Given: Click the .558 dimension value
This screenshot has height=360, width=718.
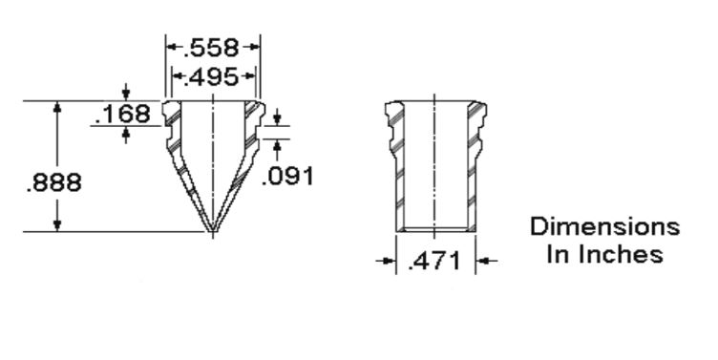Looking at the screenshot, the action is [211, 48].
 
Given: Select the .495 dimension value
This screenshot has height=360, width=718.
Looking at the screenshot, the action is [211, 76].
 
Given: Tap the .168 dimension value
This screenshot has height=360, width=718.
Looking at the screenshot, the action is [123, 114].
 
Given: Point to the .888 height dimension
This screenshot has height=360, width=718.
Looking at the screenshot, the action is [54, 182].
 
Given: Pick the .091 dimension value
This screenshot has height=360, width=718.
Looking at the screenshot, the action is [287, 176].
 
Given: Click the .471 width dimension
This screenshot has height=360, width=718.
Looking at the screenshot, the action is [433, 262].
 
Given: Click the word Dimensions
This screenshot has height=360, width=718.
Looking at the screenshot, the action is [605, 226].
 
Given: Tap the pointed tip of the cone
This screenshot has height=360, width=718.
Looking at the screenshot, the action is [213, 232].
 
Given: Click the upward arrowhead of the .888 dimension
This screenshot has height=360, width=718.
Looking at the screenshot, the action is [57, 107].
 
